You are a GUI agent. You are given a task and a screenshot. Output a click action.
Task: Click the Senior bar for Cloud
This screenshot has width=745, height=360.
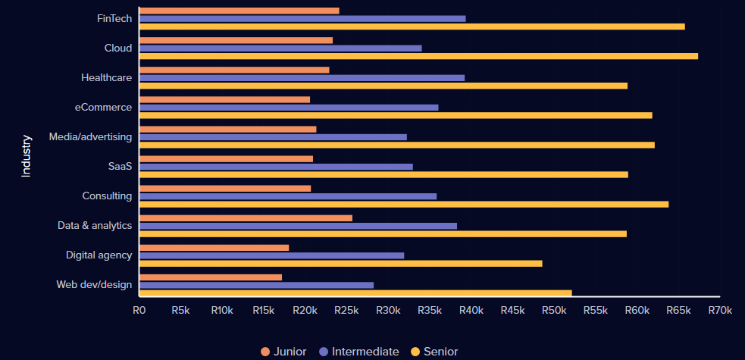coord(418,56)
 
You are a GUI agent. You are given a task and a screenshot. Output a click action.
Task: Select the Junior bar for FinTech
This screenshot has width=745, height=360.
coord(239,11)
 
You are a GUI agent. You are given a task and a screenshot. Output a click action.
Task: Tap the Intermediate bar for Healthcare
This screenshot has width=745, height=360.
coord(302,77)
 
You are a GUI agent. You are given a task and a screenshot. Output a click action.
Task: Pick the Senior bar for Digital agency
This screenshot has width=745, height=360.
coord(341,263)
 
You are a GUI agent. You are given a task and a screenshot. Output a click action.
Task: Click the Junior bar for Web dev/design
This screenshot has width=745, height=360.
coord(211,277)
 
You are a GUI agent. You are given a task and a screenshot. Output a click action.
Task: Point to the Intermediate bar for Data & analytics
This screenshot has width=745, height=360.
coord(298,226)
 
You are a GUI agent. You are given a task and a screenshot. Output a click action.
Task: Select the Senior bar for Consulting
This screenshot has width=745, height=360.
coord(404,204)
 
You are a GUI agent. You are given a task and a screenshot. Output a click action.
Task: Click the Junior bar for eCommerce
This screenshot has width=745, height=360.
coord(225,99)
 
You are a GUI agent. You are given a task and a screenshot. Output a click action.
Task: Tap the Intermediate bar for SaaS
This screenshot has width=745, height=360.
coord(276,167)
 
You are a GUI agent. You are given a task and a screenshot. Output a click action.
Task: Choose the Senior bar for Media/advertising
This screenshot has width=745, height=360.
coord(397,145)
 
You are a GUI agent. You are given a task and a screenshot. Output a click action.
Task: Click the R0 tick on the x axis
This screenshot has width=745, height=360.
coord(139,310)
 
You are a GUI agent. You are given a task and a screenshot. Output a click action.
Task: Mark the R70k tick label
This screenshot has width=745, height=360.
coord(720,310)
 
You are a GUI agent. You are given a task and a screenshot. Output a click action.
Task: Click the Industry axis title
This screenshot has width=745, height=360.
coord(27,155)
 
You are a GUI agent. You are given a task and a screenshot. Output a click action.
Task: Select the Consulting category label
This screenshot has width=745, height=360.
coord(107,196)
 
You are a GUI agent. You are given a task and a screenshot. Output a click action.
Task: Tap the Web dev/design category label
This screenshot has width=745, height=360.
coord(94,285)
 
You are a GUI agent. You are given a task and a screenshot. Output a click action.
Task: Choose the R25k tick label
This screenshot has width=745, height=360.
coord(346,310)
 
